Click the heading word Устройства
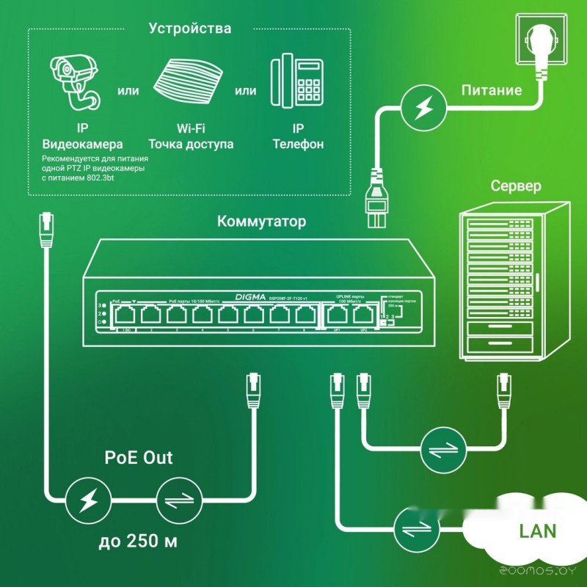point(190,29)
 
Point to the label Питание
point(492,91)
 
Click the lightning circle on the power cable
point(423,109)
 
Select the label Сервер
point(516,186)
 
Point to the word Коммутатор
point(262,222)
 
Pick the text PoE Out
point(139,459)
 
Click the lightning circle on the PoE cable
point(87,502)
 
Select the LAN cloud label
point(537,531)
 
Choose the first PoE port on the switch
point(125,316)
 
